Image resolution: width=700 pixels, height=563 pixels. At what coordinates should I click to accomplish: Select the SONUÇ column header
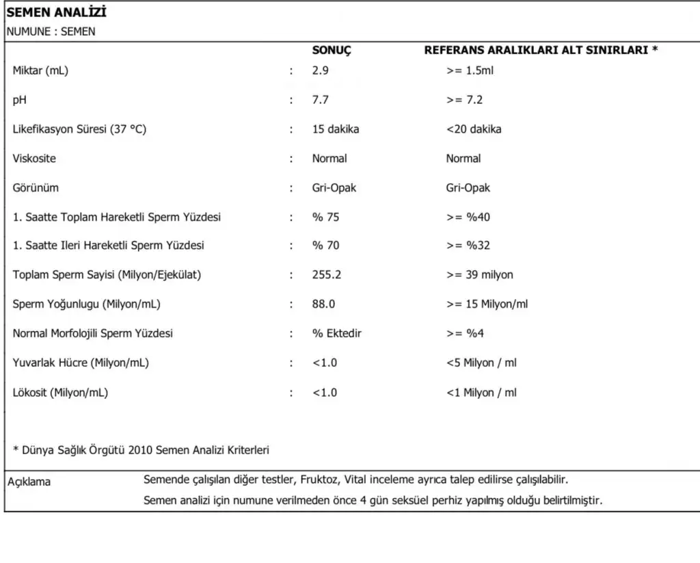click(x=332, y=51)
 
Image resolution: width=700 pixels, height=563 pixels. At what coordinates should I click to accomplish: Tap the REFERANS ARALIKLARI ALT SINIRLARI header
click(x=541, y=51)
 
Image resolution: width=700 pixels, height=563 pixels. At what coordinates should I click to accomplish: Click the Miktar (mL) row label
click(x=40, y=70)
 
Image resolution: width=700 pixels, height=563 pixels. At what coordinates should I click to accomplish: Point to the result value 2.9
click(x=320, y=70)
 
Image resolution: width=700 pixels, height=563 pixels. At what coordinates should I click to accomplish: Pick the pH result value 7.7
click(x=320, y=100)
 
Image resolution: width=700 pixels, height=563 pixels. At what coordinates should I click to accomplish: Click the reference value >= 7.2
click(x=465, y=100)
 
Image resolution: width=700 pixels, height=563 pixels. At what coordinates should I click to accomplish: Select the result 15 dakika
click(x=336, y=129)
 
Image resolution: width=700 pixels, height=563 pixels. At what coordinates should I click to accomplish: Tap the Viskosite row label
click(x=34, y=159)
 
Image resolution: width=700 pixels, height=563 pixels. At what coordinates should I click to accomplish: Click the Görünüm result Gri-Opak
click(x=334, y=188)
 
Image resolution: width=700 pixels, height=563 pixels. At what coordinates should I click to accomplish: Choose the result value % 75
click(x=326, y=218)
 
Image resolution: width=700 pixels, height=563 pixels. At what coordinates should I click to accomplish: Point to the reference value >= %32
click(x=468, y=246)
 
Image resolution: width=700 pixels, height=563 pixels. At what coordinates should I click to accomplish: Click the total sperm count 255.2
click(x=327, y=275)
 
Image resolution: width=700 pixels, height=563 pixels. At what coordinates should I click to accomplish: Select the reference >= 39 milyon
click(x=480, y=275)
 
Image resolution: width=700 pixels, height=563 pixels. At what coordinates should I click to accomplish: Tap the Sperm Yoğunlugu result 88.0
click(x=323, y=304)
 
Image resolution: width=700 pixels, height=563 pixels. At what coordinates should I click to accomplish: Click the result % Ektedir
click(x=337, y=334)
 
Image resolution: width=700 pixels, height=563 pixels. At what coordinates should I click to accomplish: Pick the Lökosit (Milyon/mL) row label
click(x=60, y=393)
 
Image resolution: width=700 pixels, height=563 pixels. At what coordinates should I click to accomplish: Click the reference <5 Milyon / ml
click(x=481, y=363)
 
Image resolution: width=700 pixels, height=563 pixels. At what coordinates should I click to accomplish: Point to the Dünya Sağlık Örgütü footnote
click(x=141, y=450)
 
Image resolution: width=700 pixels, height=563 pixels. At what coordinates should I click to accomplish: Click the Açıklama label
click(x=29, y=482)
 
